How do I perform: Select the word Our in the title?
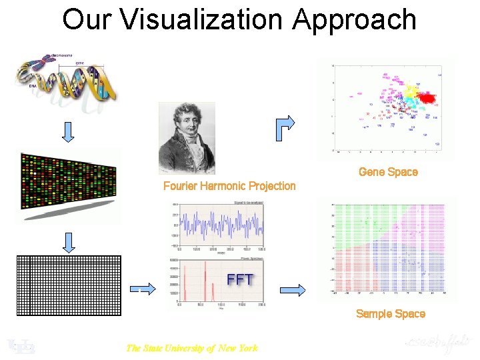(90, 19)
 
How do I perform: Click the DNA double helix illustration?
(67, 80)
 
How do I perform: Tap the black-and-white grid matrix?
(68, 285)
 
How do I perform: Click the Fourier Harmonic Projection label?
(229, 186)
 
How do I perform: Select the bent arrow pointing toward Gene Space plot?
(283, 126)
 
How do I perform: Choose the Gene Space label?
(388, 172)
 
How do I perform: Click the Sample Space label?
(390, 314)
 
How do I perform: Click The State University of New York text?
(191, 347)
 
